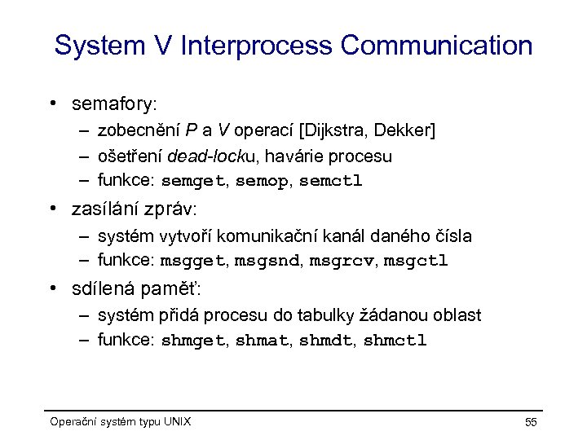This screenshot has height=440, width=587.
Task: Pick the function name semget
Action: (x=195, y=180)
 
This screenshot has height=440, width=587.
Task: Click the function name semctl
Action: (x=330, y=180)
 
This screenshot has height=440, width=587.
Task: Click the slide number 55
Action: (x=530, y=422)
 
